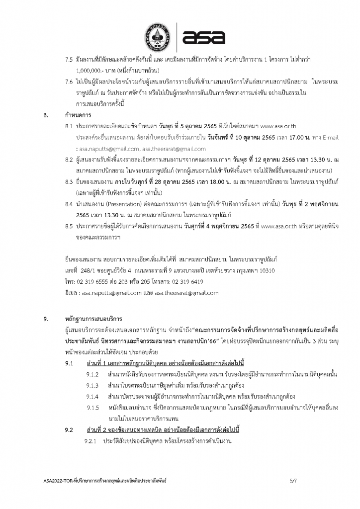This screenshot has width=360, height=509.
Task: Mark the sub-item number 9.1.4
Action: [93, 396]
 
